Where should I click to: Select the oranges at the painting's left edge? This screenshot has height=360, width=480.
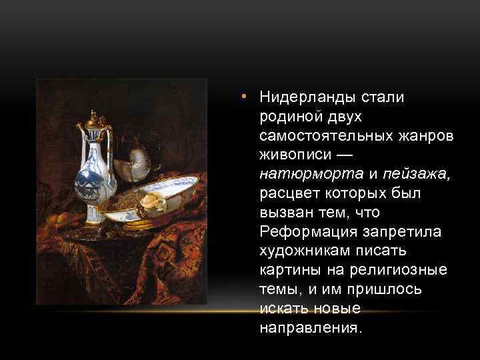(x=59, y=218)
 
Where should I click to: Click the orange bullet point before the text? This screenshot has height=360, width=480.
(x=245, y=97)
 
